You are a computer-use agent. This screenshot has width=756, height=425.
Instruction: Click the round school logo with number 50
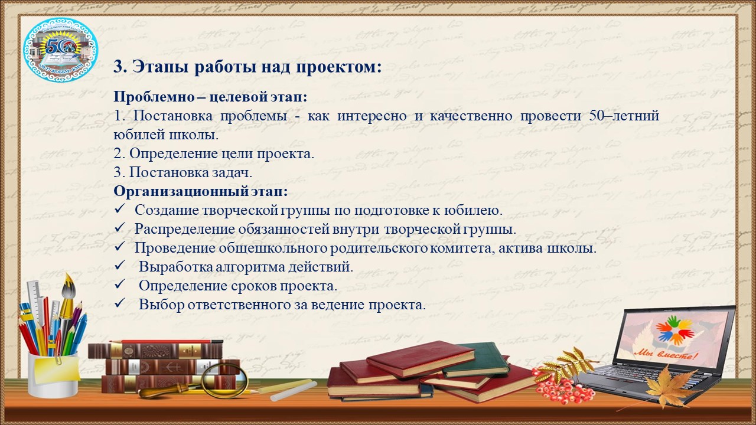[60, 50]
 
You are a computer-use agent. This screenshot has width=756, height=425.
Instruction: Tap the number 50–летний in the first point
[624, 116]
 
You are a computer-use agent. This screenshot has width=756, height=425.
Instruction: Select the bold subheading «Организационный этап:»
[201, 192]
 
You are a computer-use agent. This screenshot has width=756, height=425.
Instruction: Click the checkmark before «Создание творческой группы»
[120, 209]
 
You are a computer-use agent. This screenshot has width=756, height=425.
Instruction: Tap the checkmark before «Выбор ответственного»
[120, 303]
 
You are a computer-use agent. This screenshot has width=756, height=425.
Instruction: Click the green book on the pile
[475, 360]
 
